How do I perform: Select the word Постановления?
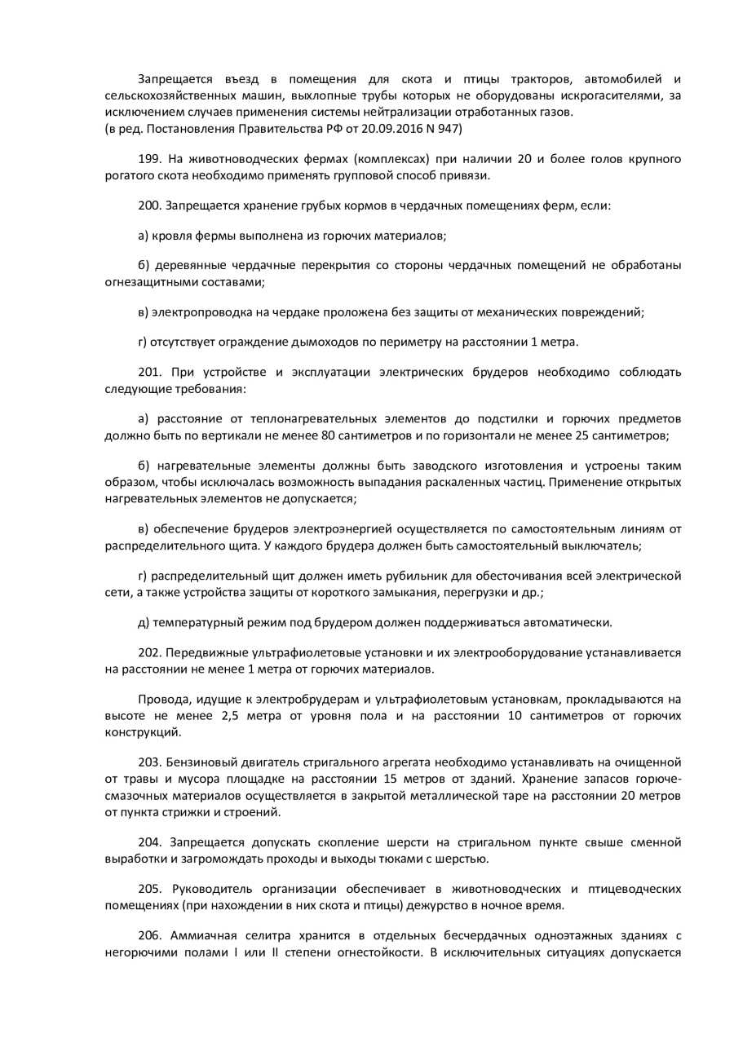tap(183, 128)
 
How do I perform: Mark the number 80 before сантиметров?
tap(329, 435)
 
